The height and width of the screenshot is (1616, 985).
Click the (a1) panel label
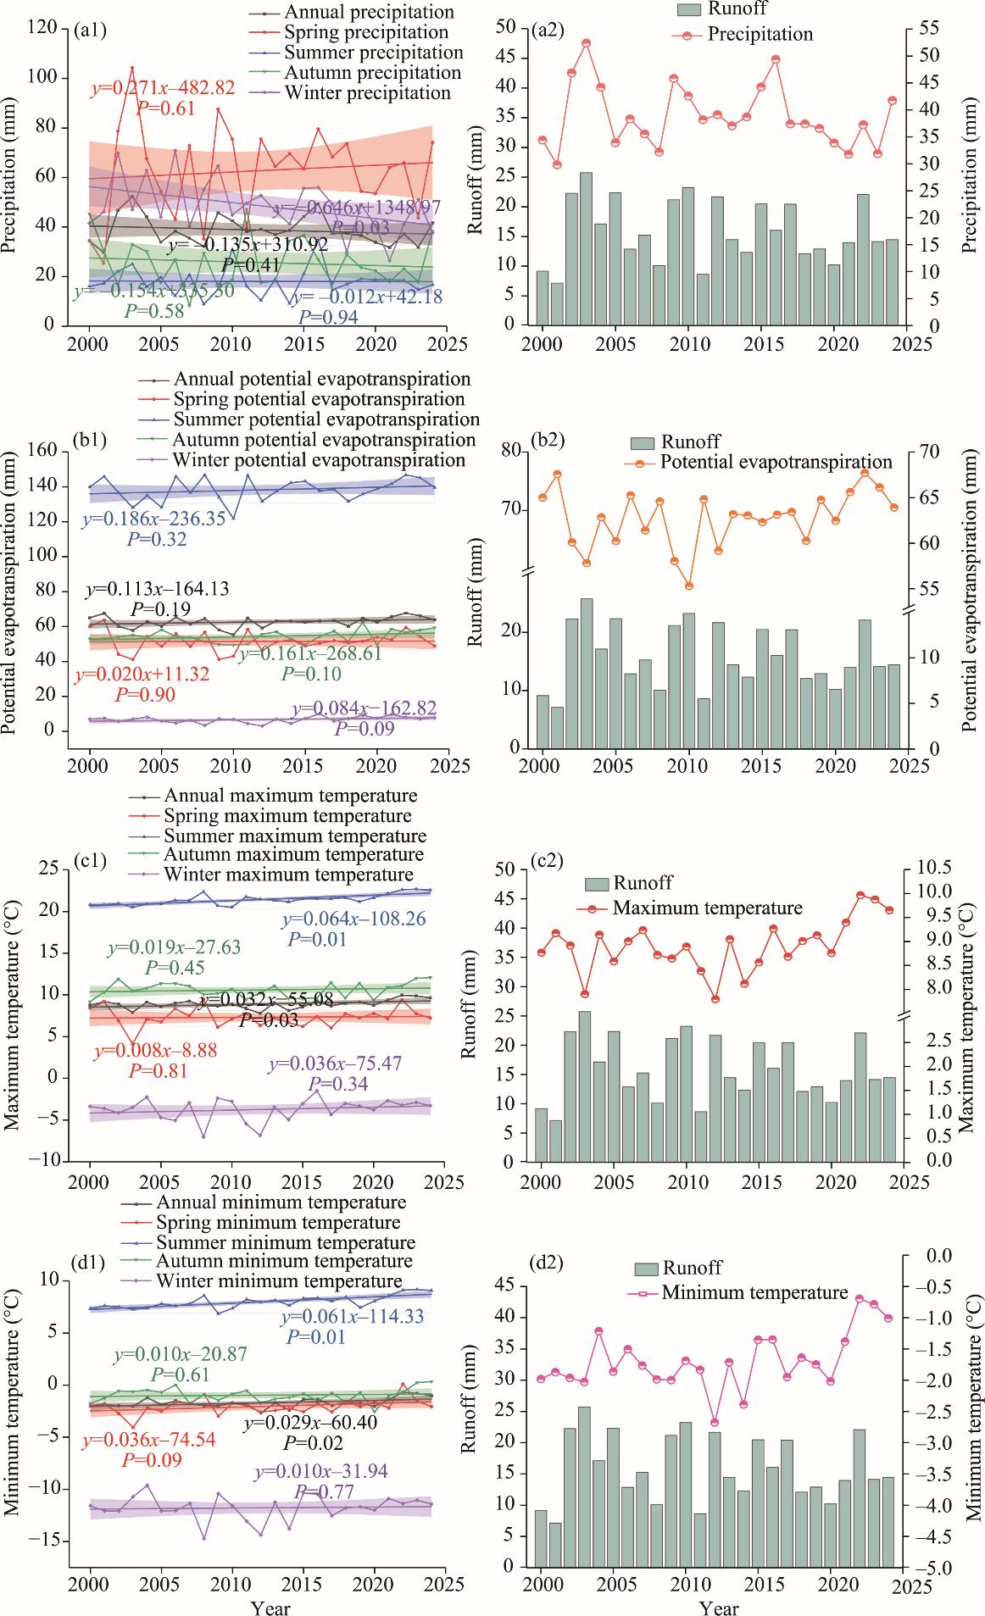click(x=89, y=31)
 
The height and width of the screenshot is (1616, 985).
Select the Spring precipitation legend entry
click(x=365, y=33)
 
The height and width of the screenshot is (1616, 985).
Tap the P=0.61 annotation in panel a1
click(x=165, y=108)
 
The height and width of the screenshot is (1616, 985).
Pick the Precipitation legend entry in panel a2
click(x=760, y=35)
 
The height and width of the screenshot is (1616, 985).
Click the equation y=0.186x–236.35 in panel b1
click(x=154, y=519)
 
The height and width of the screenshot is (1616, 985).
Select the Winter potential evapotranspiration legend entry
click(x=318, y=460)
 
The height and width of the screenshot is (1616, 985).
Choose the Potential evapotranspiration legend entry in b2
click(x=776, y=463)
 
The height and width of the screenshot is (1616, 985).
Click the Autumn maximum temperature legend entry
click(x=292, y=854)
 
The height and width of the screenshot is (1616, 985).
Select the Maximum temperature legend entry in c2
click(x=707, y=908)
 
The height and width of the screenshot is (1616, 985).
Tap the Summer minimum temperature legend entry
click(x=286, y=1243)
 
